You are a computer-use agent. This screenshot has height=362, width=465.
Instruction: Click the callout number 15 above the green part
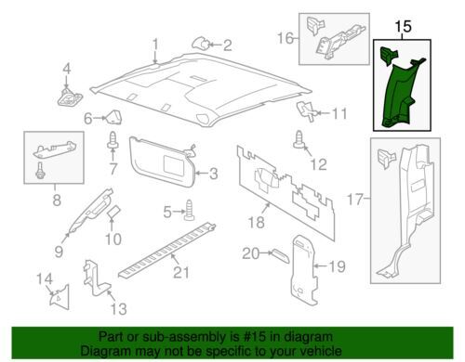pos(404,26)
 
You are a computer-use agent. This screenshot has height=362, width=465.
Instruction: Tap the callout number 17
pos(354,199)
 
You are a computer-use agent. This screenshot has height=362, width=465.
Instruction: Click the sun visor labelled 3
pos(163,162)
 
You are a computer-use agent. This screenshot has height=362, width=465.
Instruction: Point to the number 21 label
pos(181,273)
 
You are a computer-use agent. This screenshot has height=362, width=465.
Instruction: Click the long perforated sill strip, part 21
pos(167,250)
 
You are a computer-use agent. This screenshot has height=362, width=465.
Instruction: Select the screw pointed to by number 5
pos(189,211)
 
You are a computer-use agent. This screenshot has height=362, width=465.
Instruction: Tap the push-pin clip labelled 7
pos(113,141)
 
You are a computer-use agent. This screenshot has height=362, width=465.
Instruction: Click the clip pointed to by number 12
pos(299,140)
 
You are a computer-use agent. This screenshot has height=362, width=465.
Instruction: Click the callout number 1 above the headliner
pos(155,45)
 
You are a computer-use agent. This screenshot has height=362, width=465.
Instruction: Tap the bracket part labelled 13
pos(95,278)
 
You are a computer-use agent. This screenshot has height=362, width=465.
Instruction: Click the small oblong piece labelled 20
pos(281,255)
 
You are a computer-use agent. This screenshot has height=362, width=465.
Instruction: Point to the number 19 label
pos(337,266)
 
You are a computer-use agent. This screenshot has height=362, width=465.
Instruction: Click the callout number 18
pos(257,222)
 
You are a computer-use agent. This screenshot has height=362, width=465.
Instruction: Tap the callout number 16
pos(286,38)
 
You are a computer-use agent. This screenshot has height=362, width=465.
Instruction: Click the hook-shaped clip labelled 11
pos(307,111)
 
